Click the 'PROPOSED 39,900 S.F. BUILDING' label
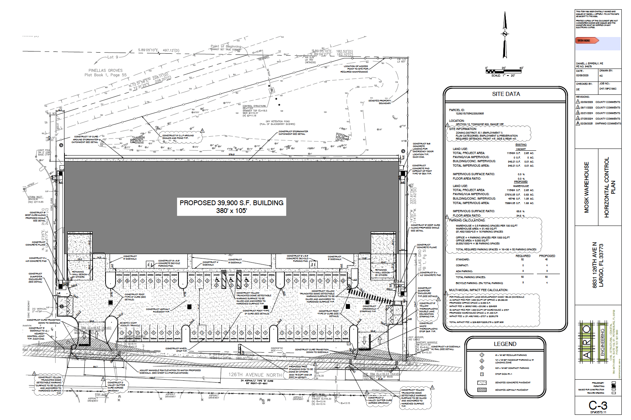[231, 203]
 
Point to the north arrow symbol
[504, 34]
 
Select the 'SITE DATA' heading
[506, 94]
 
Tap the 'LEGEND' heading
[505, 344]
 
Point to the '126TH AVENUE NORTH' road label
[255, 375]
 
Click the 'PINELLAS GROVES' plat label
[106, 70]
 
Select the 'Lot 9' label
[113, 57]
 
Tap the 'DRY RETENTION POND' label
[278, 121]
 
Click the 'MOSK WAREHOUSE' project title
[586, 187]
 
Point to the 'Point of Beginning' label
[226, 46]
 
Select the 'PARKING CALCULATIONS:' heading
[467, 220]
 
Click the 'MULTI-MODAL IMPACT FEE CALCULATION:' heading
[478, 290]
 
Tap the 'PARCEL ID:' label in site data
[457, 110]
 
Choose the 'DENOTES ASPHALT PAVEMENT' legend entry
[513, 390]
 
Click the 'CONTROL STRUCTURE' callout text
[254, 106]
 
